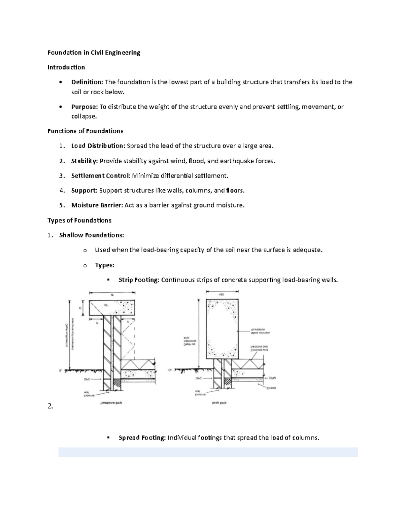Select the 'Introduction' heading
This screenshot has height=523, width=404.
66,67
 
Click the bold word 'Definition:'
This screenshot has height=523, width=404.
87,82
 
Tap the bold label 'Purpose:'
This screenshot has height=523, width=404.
84,107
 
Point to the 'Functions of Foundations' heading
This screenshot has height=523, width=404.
85,131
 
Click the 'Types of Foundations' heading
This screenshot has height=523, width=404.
79,220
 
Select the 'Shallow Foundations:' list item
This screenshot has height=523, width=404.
92,235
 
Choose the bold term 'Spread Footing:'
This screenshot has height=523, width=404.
142,438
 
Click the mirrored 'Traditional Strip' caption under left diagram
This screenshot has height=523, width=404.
111,403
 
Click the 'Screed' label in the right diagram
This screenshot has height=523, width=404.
271,388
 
